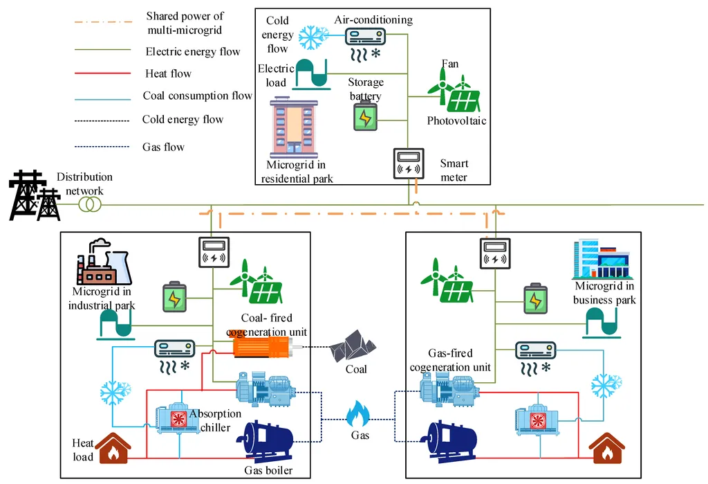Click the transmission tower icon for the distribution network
(x=35, y=195)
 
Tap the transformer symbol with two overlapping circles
(x=90, y=204)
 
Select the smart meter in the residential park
(x=409, y=163)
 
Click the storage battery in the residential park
(x=365, y=116)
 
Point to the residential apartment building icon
(x=294, y=127)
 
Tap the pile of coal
(x=352, y=346)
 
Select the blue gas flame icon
(x=358, y=413)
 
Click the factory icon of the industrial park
(x=104, y=262)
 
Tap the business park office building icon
(x=602, y=259)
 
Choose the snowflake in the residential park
(x=314, y=37)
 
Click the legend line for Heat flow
(x=102, y=73)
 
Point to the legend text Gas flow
(x=163, y=147)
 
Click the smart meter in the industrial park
(x=214, y=252)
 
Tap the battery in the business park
(x=536, y=298)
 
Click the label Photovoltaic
(x=456, y=120)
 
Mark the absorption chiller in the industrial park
(x=178, y=418)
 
